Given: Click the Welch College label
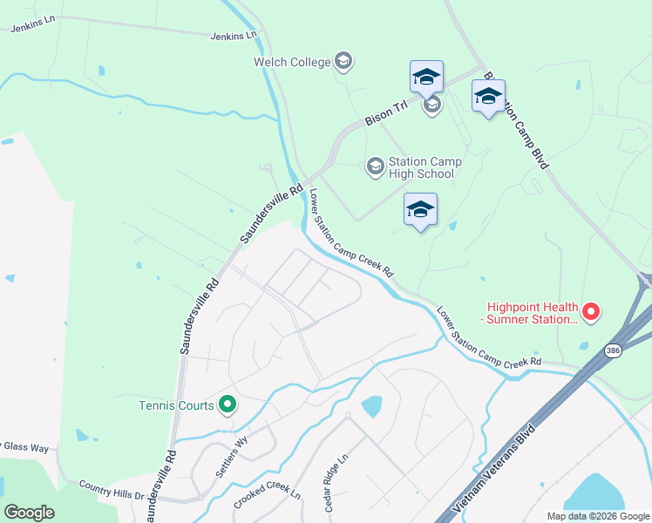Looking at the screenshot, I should point(292,62).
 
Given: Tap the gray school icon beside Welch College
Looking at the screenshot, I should point(343,61).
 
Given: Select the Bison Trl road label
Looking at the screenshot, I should point(387,114).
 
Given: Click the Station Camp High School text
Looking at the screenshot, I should point(424,167).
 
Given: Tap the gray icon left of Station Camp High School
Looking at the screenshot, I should point(375,166).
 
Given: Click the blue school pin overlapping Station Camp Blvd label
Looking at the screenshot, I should point(488,97).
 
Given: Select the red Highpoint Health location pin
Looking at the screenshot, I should point(591,311).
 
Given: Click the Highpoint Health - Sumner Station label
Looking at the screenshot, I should point(532,313).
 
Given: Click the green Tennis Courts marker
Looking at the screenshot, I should point(228,404).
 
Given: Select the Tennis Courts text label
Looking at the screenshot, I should point(176,404).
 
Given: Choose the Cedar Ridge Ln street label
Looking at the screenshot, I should point(336,482).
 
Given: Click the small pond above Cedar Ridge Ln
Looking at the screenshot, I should point(371,406).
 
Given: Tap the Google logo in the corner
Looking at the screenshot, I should point(29,512).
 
